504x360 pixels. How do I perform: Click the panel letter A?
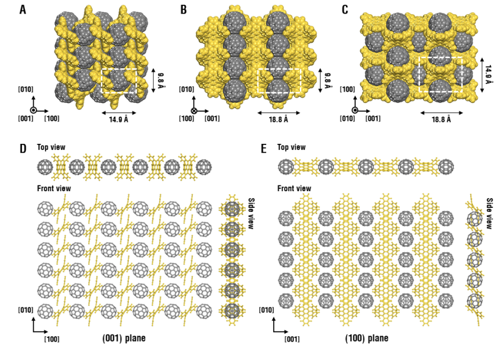pos(22,9)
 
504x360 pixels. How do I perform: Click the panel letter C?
pos(345,9)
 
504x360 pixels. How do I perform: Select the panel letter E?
pos(264,149)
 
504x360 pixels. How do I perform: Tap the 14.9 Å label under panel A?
pos(119,120)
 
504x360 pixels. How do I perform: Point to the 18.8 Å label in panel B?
pos(279,120)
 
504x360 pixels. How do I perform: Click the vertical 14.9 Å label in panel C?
pos(489,75)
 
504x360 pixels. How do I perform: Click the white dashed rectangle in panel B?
pos(279,69)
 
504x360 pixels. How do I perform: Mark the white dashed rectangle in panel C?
pos(441,57)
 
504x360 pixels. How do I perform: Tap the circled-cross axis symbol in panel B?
pos(194,111)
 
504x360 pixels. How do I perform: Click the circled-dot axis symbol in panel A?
pos(34,111)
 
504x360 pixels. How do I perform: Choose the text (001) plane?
pos(124,339)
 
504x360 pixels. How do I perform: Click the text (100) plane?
pos(367,339)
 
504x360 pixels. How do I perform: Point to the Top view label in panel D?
pos(51,147)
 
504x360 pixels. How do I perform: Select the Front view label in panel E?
pos(294,188)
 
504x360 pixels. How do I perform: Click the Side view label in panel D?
pos(251,213)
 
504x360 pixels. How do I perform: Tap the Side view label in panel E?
pos(489,213)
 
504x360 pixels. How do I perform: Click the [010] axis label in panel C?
pos(347,118)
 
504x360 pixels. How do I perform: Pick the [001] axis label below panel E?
pos(292,339)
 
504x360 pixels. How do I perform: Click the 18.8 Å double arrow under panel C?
pos(442,113)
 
